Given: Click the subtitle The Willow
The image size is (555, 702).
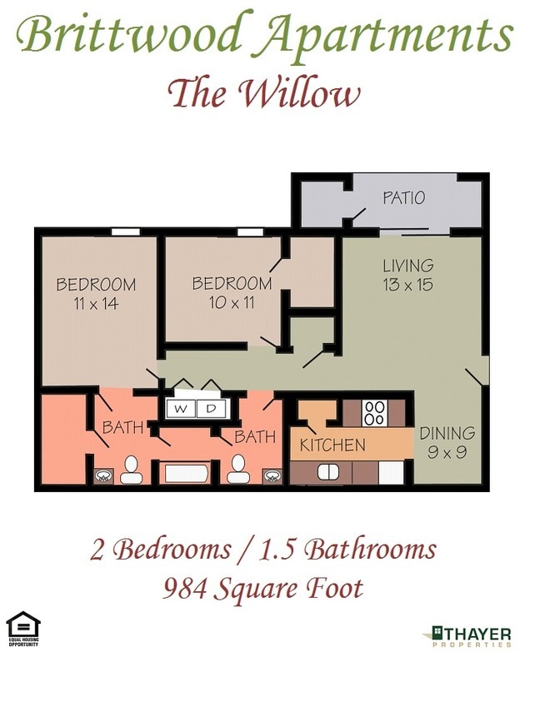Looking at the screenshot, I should [264, 93].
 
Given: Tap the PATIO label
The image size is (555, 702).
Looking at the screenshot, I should [403, 198].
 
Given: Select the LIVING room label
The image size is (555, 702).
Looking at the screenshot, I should [407, 266].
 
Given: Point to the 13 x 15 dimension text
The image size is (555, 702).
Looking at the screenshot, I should [407, 285].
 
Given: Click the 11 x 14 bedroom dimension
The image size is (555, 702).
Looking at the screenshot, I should [95, 304].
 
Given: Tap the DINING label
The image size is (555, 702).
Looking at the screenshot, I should [447, 433].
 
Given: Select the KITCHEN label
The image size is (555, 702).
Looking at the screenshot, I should [332, 445].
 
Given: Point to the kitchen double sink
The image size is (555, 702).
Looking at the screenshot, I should [327, 472].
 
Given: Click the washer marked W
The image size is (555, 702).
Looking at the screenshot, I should [181, 409].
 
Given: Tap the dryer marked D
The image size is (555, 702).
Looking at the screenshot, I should [211, 409].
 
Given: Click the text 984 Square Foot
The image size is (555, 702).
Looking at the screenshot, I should [263, 589].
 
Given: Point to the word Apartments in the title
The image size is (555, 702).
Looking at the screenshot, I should [388, 35].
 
